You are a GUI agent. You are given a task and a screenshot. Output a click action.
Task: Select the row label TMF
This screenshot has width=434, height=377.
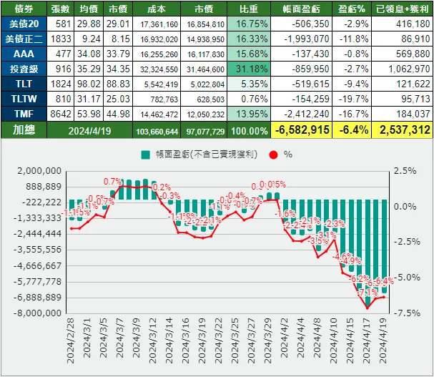(x=23, y=114)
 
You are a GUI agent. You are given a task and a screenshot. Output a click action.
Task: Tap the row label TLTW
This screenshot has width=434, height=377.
(x=23, y=99)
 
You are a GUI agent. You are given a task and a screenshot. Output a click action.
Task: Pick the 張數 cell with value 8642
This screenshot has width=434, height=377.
(x=61, y=114)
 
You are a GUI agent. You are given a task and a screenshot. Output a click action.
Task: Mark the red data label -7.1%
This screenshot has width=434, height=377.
(x=368, y=293)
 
